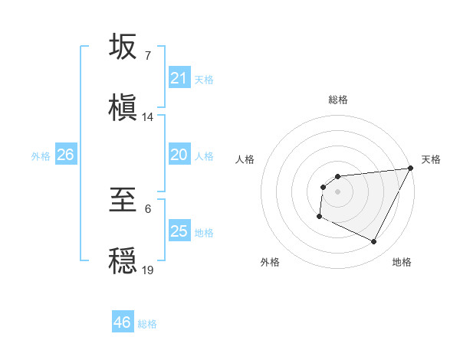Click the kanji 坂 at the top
tap(124, 47)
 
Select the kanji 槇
tap(124, 107)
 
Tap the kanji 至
tap(124, 200)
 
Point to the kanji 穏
tap(124, 260)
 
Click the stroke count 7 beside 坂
tap(147, 56)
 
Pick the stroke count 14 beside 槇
tap(148, 116)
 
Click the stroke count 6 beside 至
tap(147, 208)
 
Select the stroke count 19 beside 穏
tap(148, 270)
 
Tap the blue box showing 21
tap(179, 78)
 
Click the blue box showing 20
tap(179, 155)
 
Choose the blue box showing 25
tap(179, 231)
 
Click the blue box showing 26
tap(65, 155)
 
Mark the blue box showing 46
tap(123, 322)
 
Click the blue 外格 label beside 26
tap(41, 155)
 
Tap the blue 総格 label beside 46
tap(147, 324)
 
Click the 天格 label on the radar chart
tap(431, 159)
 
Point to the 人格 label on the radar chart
tap(245, 159)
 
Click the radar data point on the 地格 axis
tap(374, 242)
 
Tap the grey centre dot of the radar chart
tap(337, 191)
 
